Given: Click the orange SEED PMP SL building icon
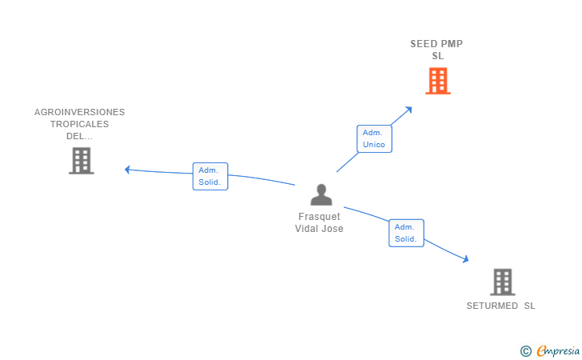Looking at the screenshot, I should coord(437,81).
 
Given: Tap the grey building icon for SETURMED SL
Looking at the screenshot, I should coord(502,282).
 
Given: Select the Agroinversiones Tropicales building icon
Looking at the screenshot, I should coord(81,160).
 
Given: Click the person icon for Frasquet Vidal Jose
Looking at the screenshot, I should coord(321,195).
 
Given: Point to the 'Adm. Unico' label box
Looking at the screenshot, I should coord(373,138).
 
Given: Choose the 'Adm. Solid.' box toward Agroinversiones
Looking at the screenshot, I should coord(210,176).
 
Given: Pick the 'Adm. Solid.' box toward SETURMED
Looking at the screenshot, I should coord(406,233).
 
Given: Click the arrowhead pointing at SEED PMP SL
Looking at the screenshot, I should coord(409,110).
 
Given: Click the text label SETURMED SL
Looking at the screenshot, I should coord(501,306).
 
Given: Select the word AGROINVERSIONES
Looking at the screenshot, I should coord(79,112).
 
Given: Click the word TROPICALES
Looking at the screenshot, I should coord(79,124).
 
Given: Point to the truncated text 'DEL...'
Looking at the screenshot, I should coord(79,136).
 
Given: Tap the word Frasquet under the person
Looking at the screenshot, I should coord(319,217).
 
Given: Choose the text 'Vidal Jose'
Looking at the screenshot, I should coord(319,229).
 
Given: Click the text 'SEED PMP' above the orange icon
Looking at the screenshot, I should coord(436,44).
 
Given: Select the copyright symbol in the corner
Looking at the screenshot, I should coord(525,350).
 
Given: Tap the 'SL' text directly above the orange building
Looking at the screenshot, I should coord(437,56).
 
